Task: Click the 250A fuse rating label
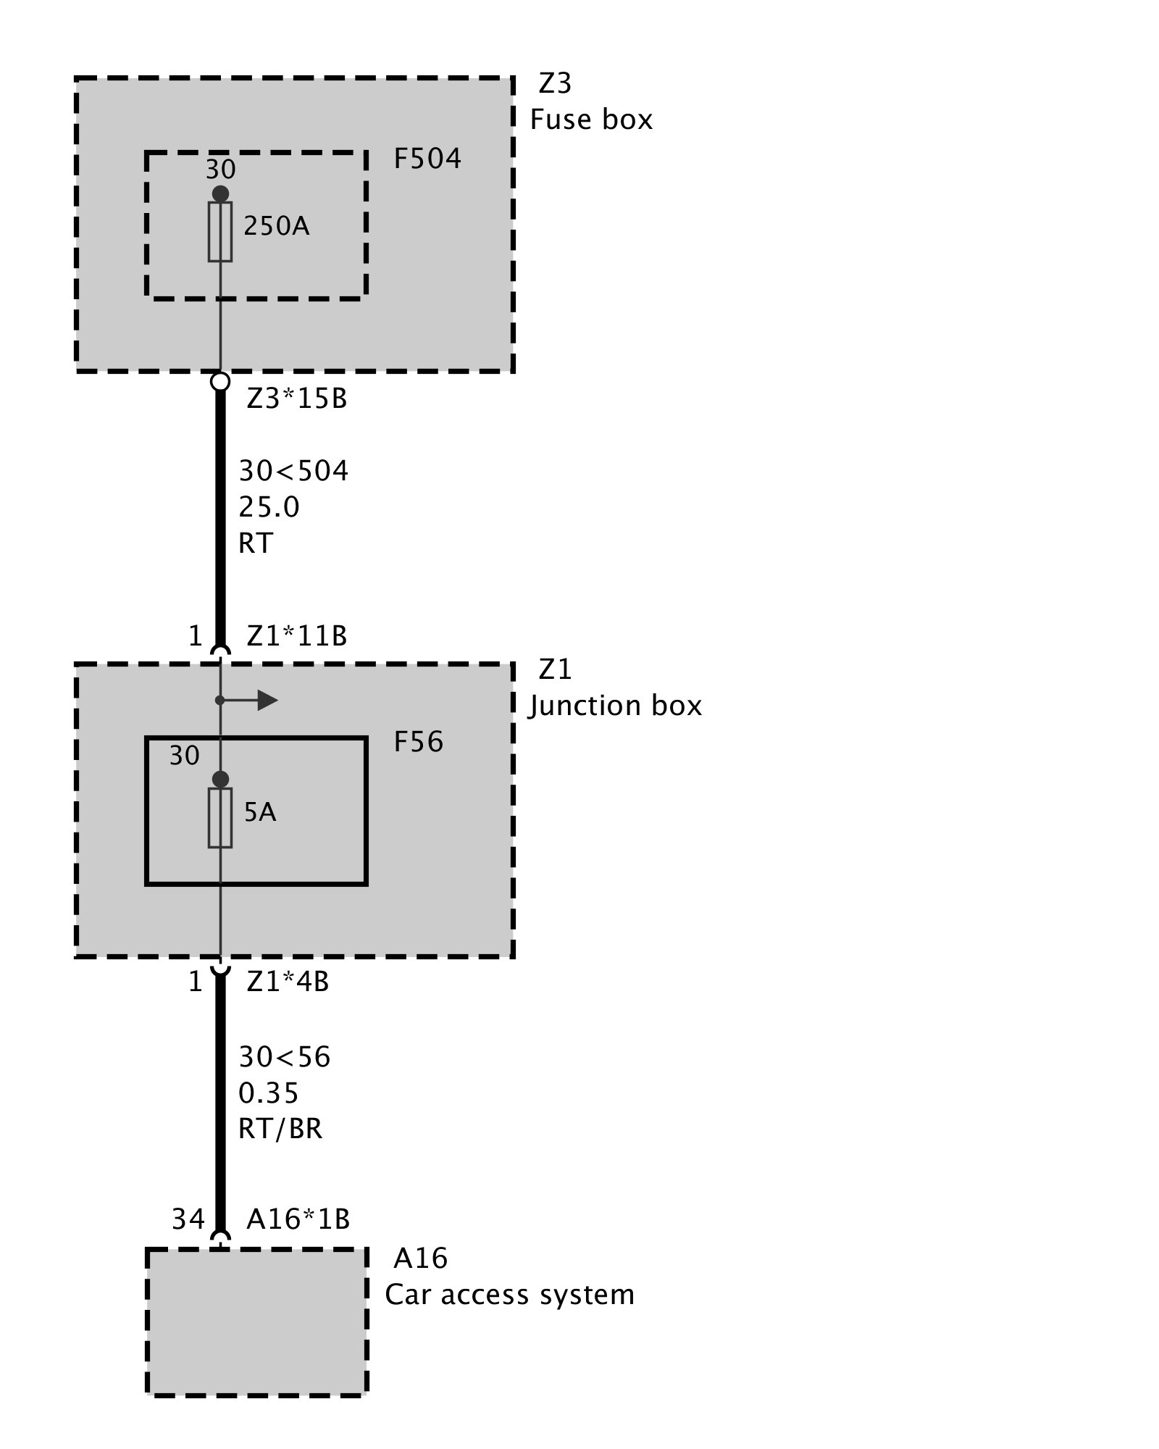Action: coord(276,227)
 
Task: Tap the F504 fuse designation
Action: coord(427,159)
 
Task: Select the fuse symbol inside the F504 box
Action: coord(220,231)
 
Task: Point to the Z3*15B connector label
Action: coord(296,399)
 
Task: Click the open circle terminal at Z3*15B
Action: coord(220,381)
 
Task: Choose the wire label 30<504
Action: coord(293,472)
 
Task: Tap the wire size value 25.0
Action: coord(269,507)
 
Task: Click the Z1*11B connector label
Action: coord(296,636)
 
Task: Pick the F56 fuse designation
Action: coord(418,742)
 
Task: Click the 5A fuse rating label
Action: coord(260,812)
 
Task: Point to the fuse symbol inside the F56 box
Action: coord(220,817)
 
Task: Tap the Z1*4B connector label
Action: coord(288,982)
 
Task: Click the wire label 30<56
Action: coord(284,1057)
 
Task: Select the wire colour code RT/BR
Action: coord(280,1128)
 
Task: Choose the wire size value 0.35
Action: coord(268,1093)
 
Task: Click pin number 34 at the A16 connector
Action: coord(188,1219)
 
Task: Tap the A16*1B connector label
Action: coord(298,1219)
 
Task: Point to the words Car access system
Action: coord(509,1295)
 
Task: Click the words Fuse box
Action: coord(591,120)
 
